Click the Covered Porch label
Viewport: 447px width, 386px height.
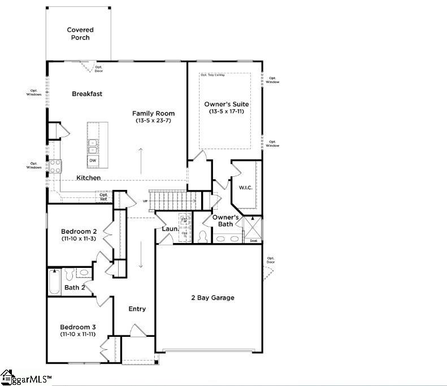tap(80, 34)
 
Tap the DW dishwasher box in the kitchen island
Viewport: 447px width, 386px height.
tap(92, 161)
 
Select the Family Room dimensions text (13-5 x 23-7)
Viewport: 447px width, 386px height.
tap(154, 121)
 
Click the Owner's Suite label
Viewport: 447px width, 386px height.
tap(226, 105)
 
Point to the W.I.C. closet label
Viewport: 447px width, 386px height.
tap(245, 187)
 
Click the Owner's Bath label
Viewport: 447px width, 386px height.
tap(225, 221)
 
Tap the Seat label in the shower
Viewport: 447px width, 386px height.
tap(253, 241)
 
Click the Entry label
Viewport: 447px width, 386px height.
tap(137, 309)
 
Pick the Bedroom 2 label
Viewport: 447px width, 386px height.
tap(79, 232)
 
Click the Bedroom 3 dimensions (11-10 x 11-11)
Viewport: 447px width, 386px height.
tap(79, 335)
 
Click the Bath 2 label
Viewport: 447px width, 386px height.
tap(75, 288)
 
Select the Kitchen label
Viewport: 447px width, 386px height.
tap(89, 178)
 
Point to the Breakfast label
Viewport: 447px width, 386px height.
tap(87, 94)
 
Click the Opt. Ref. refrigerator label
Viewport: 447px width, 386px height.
tap(103, 197)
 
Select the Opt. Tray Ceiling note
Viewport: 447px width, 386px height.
tap(212, 75)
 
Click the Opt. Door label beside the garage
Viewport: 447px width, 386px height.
tap(270, 261)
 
